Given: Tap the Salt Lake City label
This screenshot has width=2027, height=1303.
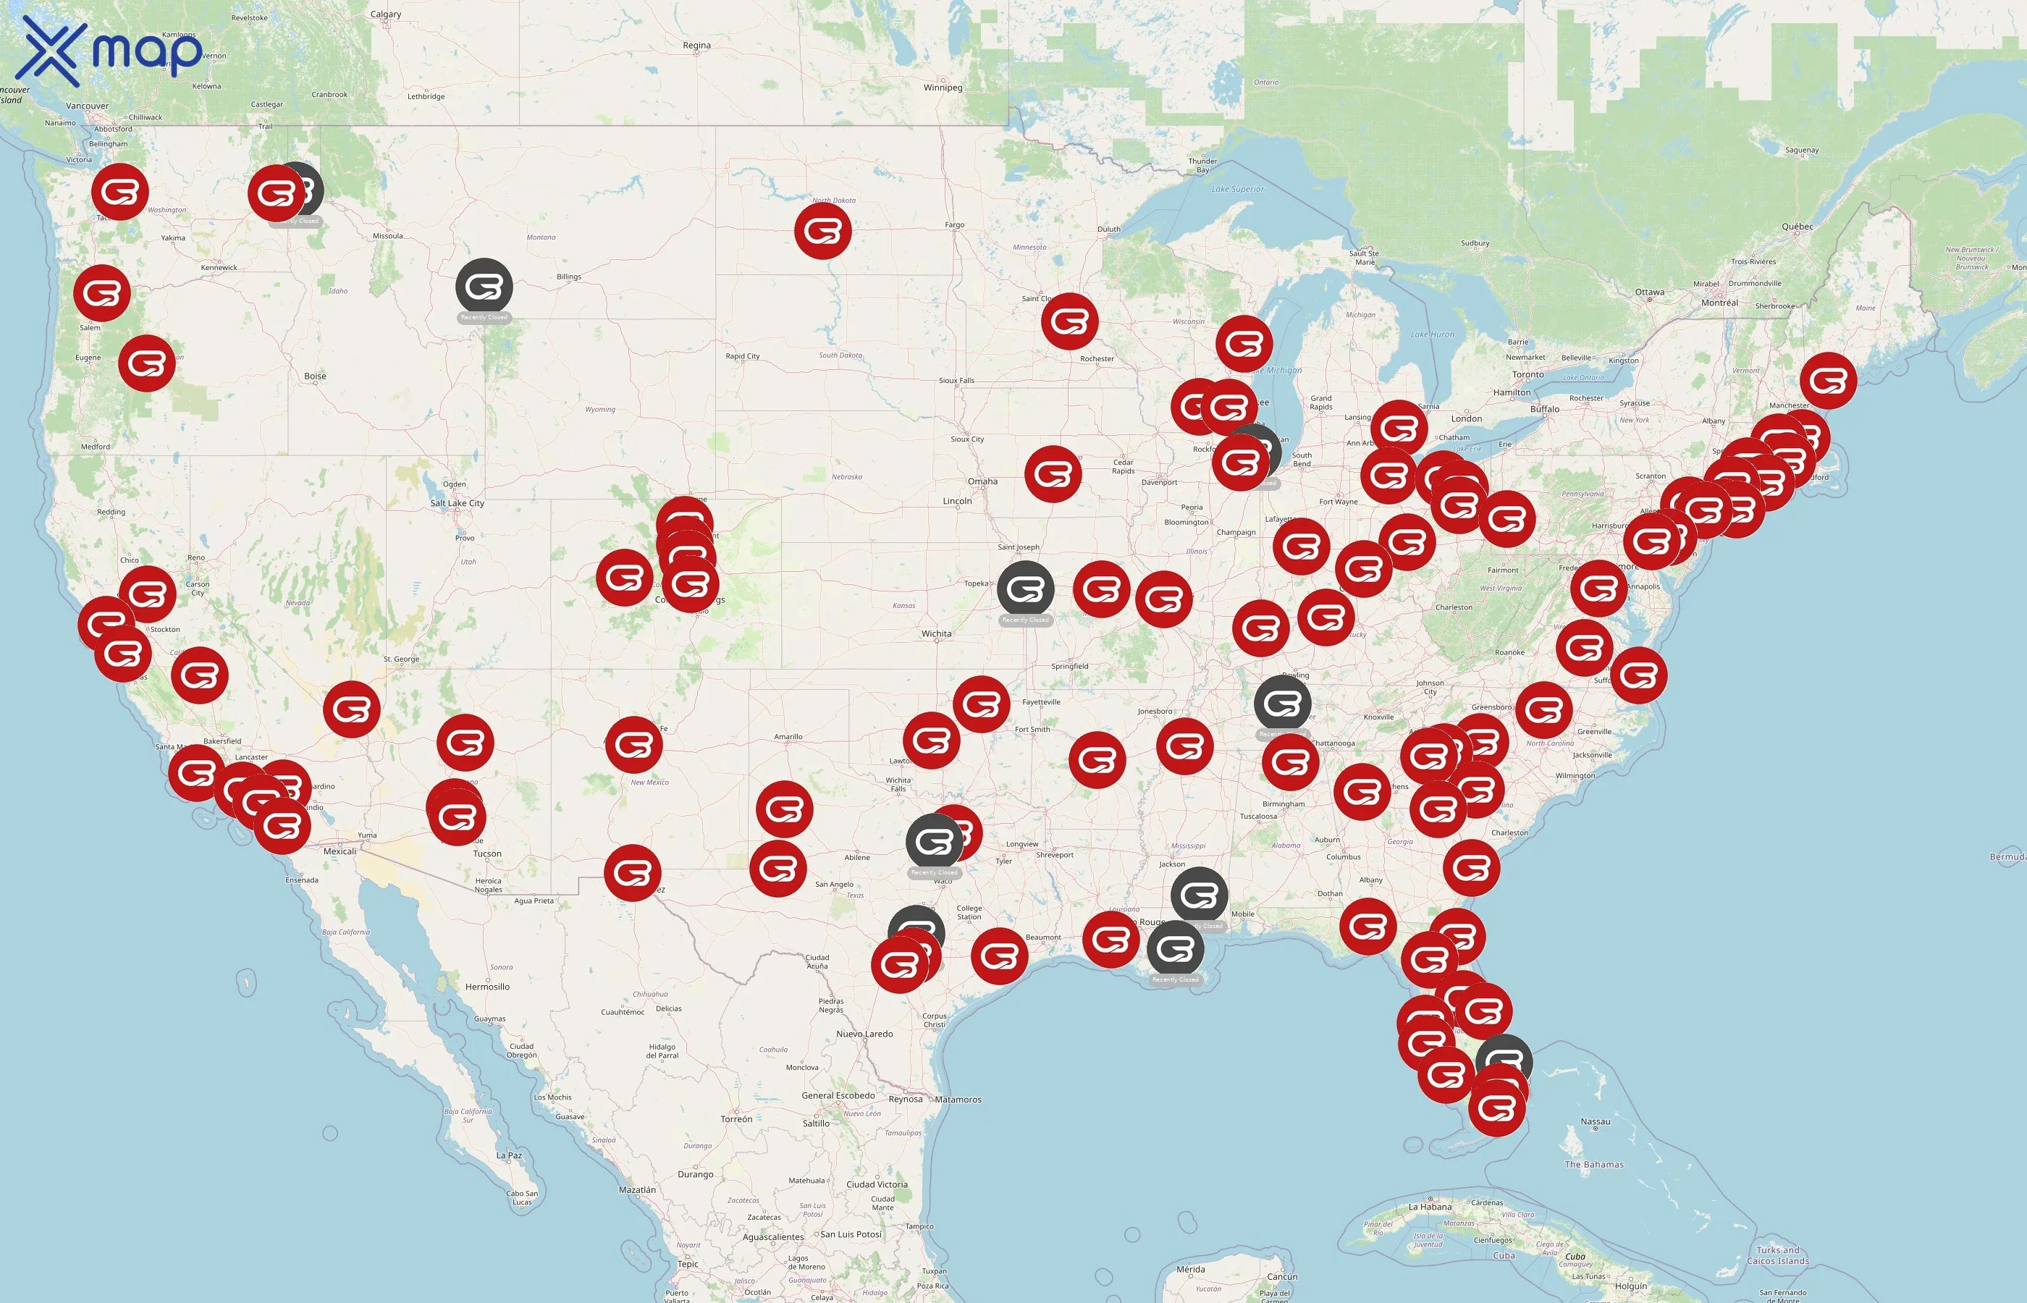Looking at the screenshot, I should pyautogui.click(x=457, y=503).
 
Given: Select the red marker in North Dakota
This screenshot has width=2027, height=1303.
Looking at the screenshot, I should pyautogui.click(x=822, y=230).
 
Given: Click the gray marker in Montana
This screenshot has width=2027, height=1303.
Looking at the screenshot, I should pyautogui.click(x=484, y=287).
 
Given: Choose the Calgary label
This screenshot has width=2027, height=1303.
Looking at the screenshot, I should pyautogui.click(x=386, y=14).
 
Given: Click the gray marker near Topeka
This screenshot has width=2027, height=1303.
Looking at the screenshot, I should pyautogui.click(x=1025, y=589).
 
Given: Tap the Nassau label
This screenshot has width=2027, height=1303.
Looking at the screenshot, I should pyautogui.click(x=1595, y=1122).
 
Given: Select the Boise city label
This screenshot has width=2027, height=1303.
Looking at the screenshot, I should pyautogui.click(x=315, y=376).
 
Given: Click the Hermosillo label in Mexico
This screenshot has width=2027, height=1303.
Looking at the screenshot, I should pyautogui.click(x=487, y=987).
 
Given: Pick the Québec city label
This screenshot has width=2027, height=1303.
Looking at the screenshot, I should pyautogui.click(x=1797, y=227).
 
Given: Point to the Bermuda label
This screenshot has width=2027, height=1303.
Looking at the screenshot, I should pyautogui.click(x=2007, y=857).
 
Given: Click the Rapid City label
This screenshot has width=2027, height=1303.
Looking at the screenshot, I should pyautogui.click(x=742, y=356).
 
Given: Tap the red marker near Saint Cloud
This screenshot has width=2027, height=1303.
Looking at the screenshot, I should pyautogui.click(x=1069, y=321).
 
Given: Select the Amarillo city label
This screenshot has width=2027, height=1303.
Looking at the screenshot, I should pyautogui.click(x=788, y=737).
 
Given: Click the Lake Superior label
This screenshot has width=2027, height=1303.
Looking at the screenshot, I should pyautogui.click(x=1237, y=190).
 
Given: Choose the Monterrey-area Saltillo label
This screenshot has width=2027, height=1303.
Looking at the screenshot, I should pyautogui.click(x=816, y=1123).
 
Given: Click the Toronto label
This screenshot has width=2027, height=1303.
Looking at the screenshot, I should pyautogui.click(x=1528, y=375).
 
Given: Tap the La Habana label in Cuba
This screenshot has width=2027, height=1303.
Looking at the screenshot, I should pyautogui.click(x=1430, y=1207).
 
